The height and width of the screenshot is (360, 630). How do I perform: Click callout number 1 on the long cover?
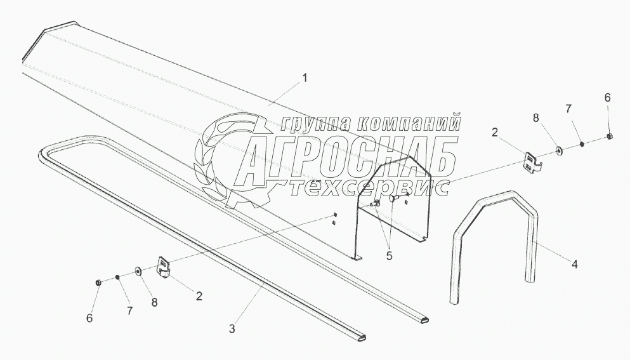click(305, 78)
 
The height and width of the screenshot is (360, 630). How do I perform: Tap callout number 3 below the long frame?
click(232, 328)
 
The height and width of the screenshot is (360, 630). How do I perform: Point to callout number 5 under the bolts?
click(390, 256)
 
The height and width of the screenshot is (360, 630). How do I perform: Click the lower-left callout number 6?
click(89, 317)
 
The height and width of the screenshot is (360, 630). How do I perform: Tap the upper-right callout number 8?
click(535, 117)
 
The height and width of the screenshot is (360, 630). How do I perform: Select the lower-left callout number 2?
click(199, 295)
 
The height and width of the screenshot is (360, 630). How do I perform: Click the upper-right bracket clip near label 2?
click(532, 162)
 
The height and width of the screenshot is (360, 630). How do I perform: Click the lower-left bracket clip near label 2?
click(164, 266)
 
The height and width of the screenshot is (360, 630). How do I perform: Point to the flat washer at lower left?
click(138, 272)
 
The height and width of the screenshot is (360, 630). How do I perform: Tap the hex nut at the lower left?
click(98, 281)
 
